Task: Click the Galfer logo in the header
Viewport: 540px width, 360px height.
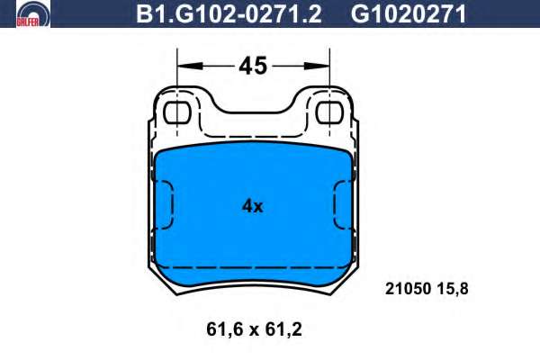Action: [33, 13]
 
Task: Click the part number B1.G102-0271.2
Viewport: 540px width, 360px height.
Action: [229, 13]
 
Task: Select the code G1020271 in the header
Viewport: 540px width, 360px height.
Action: [409, 13]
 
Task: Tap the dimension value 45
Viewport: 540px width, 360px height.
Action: [253, 66]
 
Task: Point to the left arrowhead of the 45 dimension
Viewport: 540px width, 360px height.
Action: [189, 66]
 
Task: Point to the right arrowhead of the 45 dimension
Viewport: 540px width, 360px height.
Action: [317, 66]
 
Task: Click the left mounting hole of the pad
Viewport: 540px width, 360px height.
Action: [177, 112]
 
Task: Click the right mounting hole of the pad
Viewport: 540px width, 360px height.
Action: [329, 112]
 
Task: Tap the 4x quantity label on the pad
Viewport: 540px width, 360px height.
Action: [252, 206]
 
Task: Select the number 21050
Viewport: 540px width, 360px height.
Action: [409, 289]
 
